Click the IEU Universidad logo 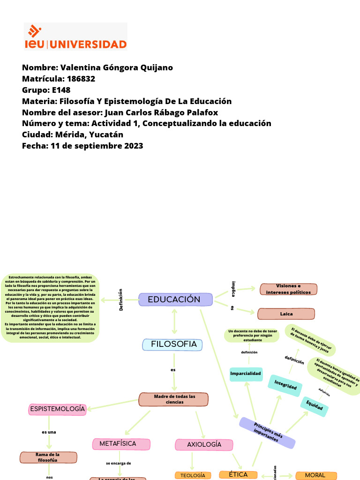click(x=75, y=37)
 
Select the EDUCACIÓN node click(x=175, y=300)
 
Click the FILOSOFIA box click(x=172, y=345)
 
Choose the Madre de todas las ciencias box click(x=174, y=399)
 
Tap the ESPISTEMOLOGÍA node click(x=58, y=409)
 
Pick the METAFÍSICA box click(x=121, y=443)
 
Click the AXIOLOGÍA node click(x=204, y=444)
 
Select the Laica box click(x=286, y=314)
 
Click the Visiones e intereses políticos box click(x=288, y=289)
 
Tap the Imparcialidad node click(x=246, y=374)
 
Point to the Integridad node click(x=285, y=384)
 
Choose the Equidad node click(x=314, y=406)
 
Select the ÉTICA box click(x=238, y=475)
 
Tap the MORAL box click(x=315, y=475)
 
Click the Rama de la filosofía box click(x=48, y=457)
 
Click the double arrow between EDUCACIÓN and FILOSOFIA click(x=175, y=321)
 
